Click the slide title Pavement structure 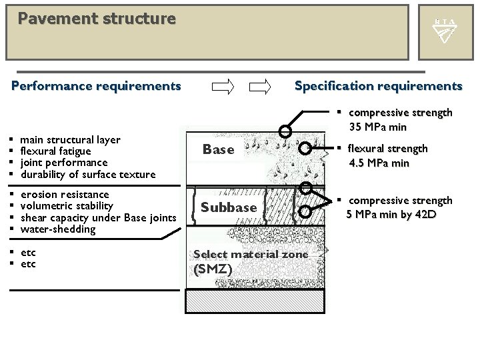[x=97, y=18]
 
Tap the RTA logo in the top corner [x=445, y=31]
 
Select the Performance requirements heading [x=97, y=86]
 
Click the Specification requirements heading [x=378, y=86]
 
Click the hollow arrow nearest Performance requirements [x=223, y=86]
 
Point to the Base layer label [x=219, y=150]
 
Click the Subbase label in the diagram [x=229, y=207]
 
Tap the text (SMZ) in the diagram [x=212, y=269]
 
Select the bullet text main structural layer [x=71, y=140]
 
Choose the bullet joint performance [x=64, y=163]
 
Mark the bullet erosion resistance [x=65, y=195]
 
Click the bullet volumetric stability [x=67, y=206]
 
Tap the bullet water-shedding [x=59, y=229]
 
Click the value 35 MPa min [x=381, y=127]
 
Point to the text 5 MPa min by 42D [x=390, y=214]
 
